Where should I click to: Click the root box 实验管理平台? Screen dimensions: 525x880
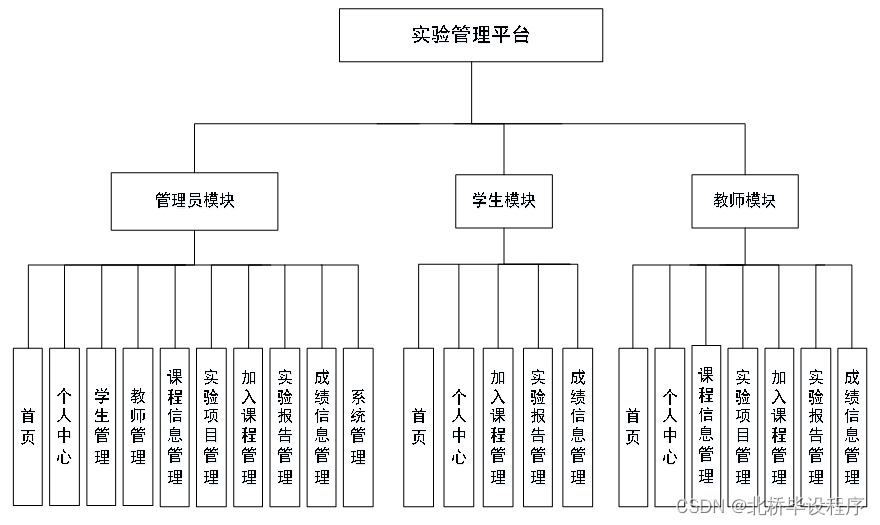coord(471,36)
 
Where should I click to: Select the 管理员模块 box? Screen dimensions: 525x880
coord(194,201)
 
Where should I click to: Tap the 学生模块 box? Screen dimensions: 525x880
coord(503,201)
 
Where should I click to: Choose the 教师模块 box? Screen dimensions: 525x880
coord(745,201)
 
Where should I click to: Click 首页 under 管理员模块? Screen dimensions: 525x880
coord(28,426)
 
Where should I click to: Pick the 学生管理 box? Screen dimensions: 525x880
coord(101,426)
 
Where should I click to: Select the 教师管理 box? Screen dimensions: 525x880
coord(138,426)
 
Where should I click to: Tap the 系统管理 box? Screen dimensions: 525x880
coord(358,426)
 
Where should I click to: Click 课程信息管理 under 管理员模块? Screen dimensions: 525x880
coord(175,426)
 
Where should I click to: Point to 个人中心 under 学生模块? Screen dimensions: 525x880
coord(459,426)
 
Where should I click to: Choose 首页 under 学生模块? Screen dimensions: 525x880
coord(419,426)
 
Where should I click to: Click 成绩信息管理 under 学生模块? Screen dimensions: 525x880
coord(577,426)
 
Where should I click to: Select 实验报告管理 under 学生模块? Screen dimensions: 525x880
coord(538,426)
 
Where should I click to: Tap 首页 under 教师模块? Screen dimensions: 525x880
coord(633,426)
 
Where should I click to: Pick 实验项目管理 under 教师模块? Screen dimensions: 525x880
coord(743,426)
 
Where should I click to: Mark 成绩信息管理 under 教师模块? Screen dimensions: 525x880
coord(851,426)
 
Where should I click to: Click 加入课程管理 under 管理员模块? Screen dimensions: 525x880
coord(248,426)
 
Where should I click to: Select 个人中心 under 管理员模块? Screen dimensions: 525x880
coord(64,426)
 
